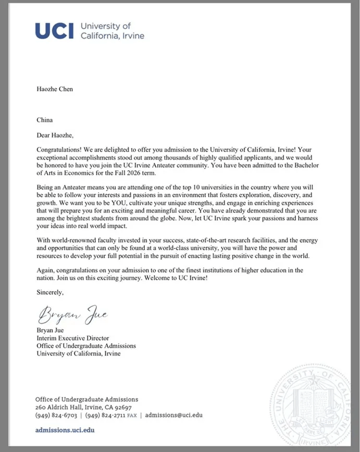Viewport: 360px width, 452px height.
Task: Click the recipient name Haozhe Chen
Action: [55, 89]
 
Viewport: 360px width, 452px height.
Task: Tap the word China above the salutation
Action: [45, 120]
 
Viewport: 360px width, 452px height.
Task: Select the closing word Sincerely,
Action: [50, 293]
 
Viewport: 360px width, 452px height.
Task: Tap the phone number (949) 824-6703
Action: [56, 415]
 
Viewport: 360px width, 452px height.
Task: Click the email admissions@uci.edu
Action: [173, 415]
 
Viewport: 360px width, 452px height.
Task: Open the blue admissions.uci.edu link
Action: [65, 431]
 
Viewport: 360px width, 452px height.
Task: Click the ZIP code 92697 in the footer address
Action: [121, 407]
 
